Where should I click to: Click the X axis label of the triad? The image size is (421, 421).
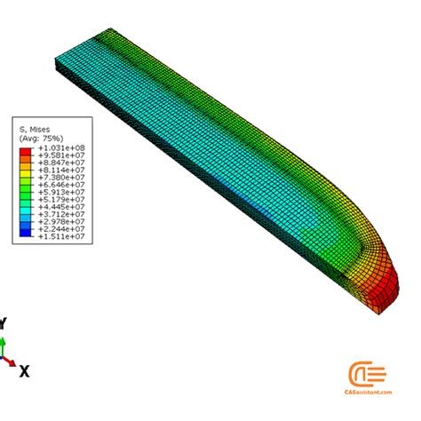pos(24,371)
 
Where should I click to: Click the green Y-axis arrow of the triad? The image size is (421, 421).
pos(4,346)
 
